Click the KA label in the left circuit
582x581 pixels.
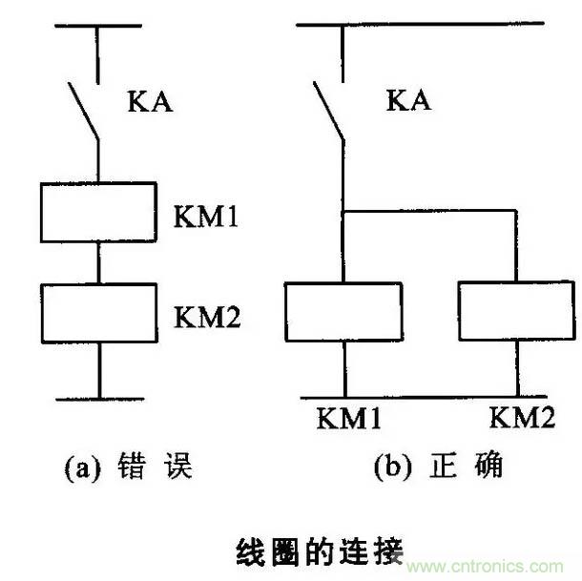(150, 102)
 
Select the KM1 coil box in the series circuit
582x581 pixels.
(98, 212)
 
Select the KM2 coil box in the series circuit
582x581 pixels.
(98, 312)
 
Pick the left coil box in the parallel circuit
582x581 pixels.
(343, 312)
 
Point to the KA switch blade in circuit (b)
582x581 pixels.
(329, 111)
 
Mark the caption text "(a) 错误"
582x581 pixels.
(128, 467)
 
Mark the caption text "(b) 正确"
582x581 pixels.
(438, 467)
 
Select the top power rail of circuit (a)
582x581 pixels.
(98, 29)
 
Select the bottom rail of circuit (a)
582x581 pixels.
(98, 397)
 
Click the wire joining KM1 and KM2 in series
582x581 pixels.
(98, 261)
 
